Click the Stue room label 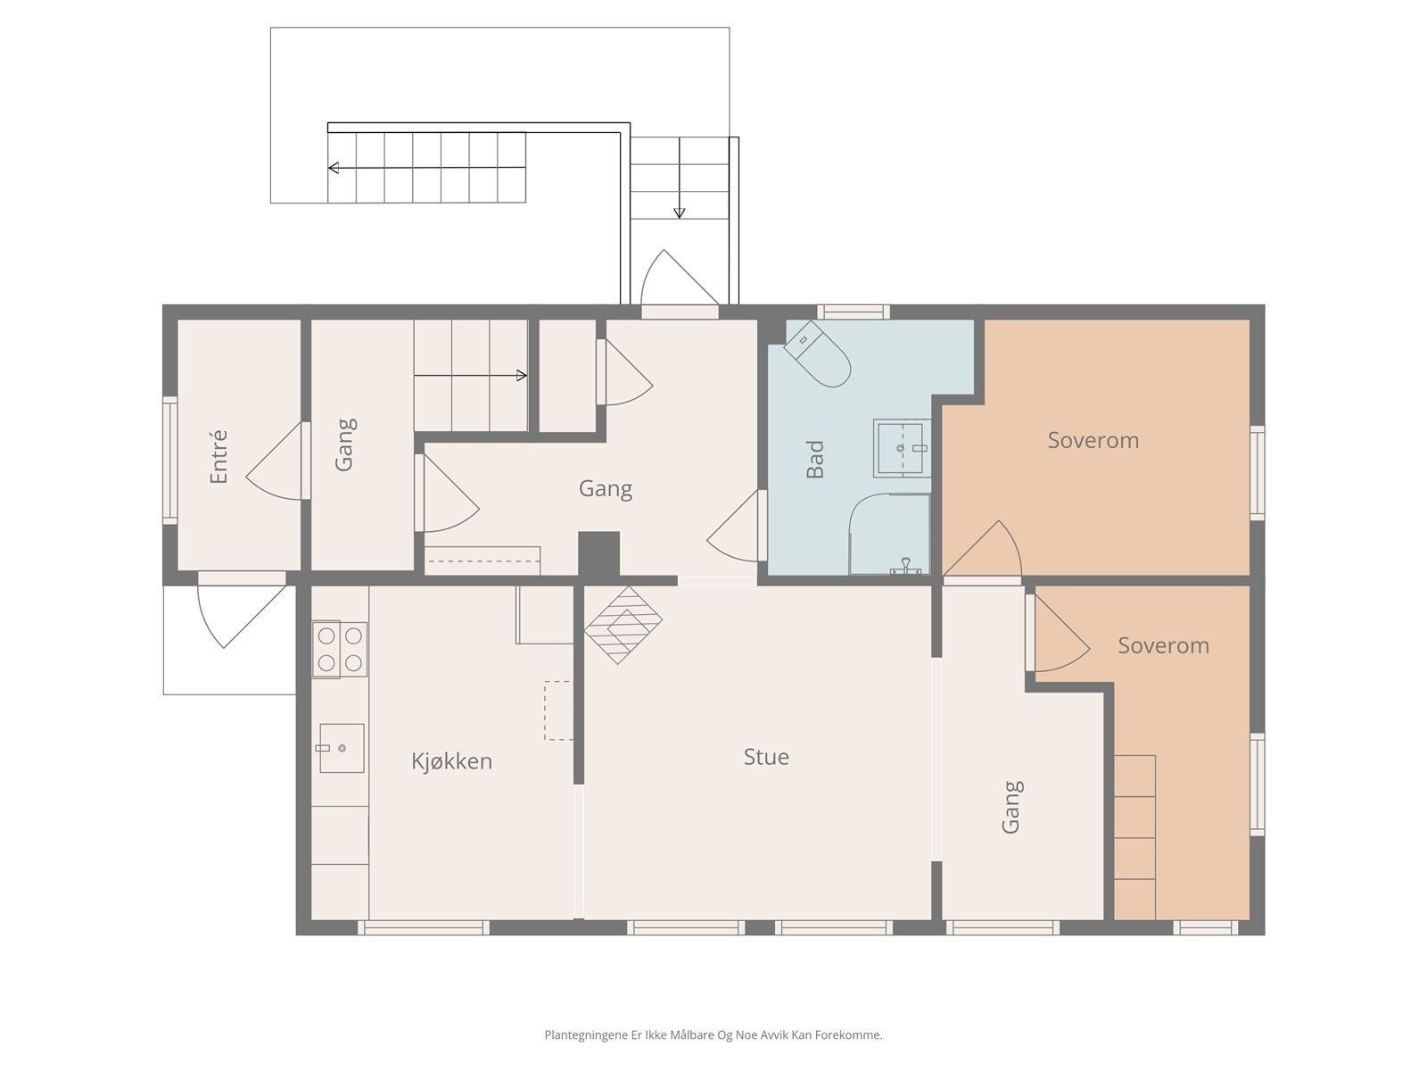pos(766,757)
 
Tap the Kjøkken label pos(452,760)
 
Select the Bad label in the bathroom pos(814,459)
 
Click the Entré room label pos(219,456)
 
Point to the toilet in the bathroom pos(817,353)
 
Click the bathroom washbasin pos(902,449)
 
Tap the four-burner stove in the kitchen pos(340,649)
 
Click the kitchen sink pos(342,748)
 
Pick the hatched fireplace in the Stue pos(623,625)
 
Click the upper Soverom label pos(1093,440)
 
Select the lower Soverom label pos(1163,645)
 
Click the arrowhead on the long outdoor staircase pos(334,168)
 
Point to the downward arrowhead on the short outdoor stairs pos(680,212)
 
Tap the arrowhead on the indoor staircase pos(522,375)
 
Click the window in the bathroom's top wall pos(854,311)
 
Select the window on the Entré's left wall pos(169,461)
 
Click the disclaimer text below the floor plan pos(713,1034)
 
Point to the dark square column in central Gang pos(598,554)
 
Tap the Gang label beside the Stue pos(1010,807)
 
